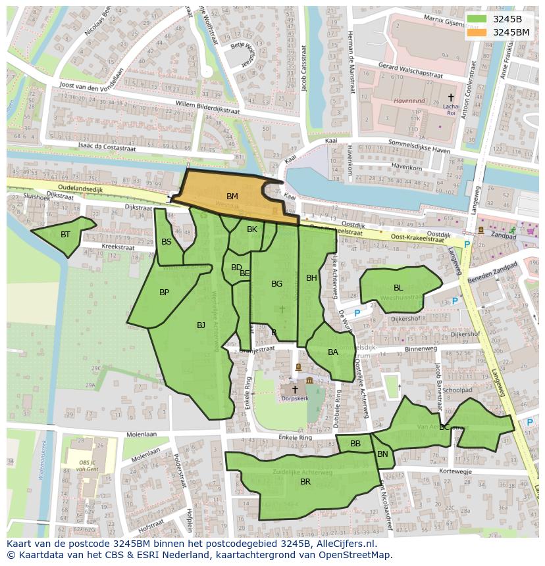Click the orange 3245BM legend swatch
click(479, 32)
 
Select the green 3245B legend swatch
click(479, 19)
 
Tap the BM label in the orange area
click(232, 197)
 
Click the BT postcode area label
click(65, 235)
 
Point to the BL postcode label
click(398, 288)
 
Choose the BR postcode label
click(305, 482)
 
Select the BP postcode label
click(165, 293)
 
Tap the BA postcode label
click(333, 352)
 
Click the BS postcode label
click(167, 242)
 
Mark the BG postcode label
click(276, 284)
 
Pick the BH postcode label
click(311, 278)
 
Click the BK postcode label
click(252, 229)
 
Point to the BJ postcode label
click(201, 325)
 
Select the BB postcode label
click(355, 444)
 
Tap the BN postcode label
click(382, 454)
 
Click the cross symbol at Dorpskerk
click(295, 389)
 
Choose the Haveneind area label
click(409, 101)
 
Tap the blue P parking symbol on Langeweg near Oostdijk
click(467, 245)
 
